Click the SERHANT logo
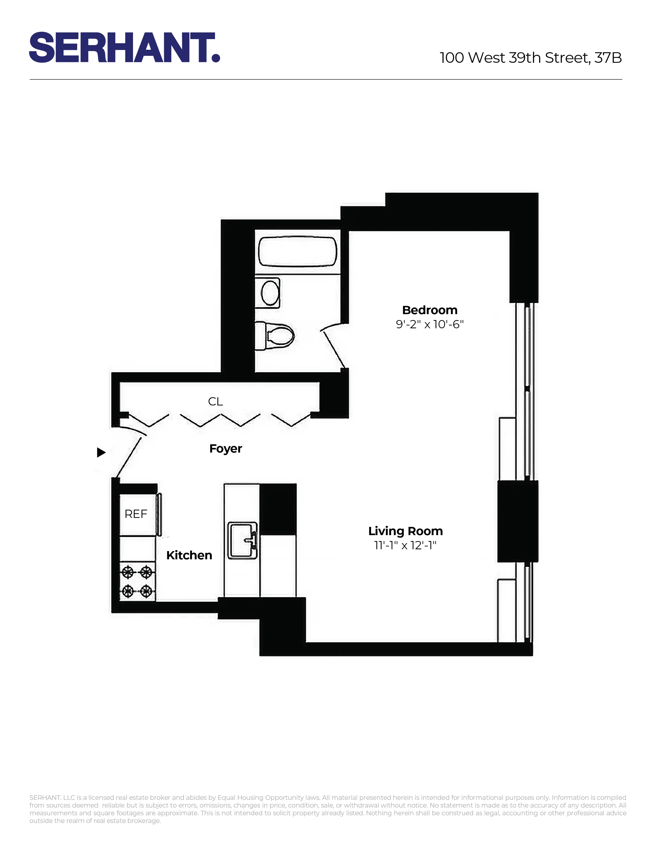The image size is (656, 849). [124, 47]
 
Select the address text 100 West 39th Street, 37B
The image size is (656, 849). [530, 58]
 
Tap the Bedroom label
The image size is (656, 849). [429, 310]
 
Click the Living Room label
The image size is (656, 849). [405, 531]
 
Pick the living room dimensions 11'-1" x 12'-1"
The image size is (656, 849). [405, 545]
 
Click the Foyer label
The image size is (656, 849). [225, 449]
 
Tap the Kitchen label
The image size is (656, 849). [189, 555]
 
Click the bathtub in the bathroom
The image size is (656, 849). [297, 252]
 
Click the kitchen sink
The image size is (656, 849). [242, 540]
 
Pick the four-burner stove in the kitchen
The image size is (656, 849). [137, 581]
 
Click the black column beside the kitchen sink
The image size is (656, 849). [278, 509]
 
